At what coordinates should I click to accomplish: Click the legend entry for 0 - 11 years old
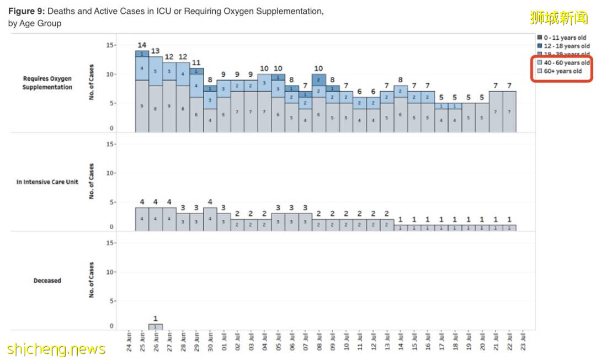point(562,38)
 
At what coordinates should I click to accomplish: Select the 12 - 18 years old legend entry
point(563,46)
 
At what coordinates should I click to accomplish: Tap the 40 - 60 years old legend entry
point(563,63)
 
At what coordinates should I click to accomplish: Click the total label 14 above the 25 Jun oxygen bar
point(142,45)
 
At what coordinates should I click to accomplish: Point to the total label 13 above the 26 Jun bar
point(156,51)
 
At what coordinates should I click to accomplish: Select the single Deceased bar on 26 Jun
point(156,327)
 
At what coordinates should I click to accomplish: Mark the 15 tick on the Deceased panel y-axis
point(109,243)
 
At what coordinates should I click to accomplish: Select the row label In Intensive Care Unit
point(47,182)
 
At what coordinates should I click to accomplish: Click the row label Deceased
point(47,280)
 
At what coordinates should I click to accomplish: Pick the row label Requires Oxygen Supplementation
point(47,83)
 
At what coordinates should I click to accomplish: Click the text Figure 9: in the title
point(27,11)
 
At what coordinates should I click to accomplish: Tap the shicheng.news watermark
point(56,349)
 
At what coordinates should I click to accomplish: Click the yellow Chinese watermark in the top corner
point(558,18)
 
